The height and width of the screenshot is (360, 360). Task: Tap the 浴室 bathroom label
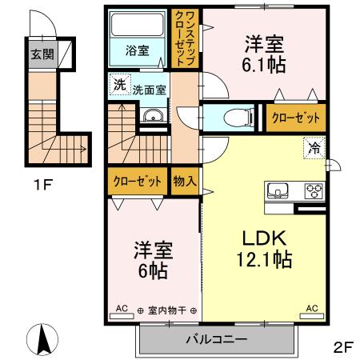(137, 50)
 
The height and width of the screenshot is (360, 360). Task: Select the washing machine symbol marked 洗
(118, 82)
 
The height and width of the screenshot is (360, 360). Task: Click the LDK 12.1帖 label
(262, 247)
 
